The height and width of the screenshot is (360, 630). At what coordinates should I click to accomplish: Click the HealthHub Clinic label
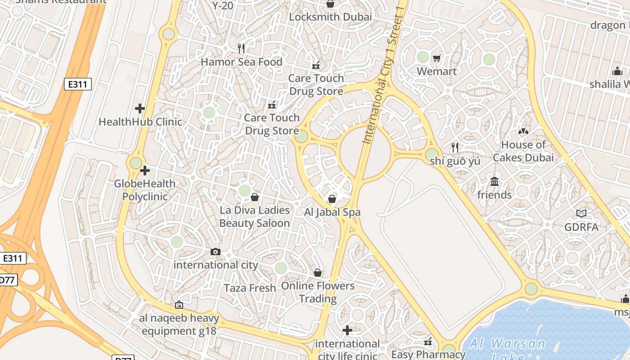[140, 121]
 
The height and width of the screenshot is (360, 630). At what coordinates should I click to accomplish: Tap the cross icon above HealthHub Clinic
[140, 108]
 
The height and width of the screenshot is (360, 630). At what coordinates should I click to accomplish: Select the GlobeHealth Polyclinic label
[145, 190]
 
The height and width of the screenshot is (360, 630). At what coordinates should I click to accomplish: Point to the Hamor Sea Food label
[242, 62]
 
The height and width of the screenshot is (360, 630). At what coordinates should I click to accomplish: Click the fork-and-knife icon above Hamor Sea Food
[242, 49]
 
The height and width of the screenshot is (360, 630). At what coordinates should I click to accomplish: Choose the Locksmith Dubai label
[330, 17]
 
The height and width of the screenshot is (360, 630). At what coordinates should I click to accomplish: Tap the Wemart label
[436, 72]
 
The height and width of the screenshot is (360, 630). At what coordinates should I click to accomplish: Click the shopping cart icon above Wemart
[436, 58]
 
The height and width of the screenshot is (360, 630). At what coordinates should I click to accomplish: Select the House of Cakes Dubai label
[523, 151]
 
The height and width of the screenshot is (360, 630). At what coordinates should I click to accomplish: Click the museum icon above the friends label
[495, 181]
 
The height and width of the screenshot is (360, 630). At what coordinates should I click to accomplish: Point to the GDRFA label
[581, 227]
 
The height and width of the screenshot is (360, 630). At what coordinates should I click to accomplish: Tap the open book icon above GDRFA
[581, 214]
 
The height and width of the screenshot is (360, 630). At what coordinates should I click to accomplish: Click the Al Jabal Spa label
[333, 212]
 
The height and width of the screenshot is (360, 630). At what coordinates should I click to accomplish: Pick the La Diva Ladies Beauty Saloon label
[255, 216]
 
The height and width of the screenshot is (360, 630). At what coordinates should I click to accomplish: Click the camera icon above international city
[216, 252]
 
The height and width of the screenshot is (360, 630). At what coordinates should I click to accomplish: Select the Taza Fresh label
[250, 288]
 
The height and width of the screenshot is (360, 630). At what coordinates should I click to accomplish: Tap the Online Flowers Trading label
[318, 292]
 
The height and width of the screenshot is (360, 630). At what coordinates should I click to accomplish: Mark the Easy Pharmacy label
[428, 355]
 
